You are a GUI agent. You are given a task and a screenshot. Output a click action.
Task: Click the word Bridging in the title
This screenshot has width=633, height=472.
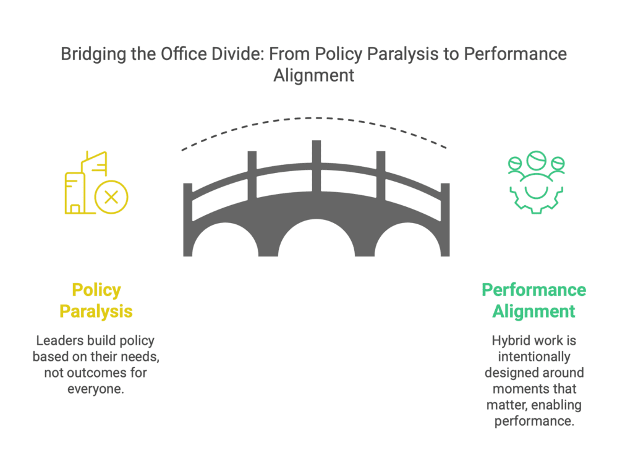pyautogui.click(x=93, y=54)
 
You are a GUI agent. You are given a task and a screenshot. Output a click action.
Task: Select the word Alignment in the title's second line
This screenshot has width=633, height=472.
pyautogui.click(x=314, y=76)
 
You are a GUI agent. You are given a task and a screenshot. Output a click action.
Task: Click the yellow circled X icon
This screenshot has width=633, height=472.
pyautogui.click(x=111, y=197)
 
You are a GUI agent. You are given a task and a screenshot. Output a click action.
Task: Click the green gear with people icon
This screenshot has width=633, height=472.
pyautogui.click(x=536, y=182)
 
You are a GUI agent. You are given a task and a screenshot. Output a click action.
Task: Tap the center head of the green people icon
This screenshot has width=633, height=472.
pyautogui.click(x=536, y=160)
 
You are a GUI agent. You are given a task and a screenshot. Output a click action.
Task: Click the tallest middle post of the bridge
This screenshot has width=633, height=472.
pyautogui.click(x=316, y=166)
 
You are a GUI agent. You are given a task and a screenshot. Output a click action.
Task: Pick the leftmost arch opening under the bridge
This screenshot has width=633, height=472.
pyautogui.click(x=225, y=241)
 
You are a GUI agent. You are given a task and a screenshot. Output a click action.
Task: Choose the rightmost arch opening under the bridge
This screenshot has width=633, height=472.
pyautogui.click(x=408, y=241)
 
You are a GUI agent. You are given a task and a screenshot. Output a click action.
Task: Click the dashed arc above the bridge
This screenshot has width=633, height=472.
pyautogui.click(x=314, y=118)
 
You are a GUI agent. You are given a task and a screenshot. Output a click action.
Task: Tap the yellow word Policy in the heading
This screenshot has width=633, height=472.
pyautogui.click(x=96, y=290)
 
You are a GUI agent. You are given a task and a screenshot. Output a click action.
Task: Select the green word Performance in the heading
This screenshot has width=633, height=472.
pyautogui.click(x=533, y=290)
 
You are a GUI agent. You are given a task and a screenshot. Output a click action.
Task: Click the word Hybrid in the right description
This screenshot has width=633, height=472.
pyautogui.click(x=508, y=341)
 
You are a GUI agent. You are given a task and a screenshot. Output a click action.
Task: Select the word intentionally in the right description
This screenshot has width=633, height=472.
pyautogui.click(x=534, y=357)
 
